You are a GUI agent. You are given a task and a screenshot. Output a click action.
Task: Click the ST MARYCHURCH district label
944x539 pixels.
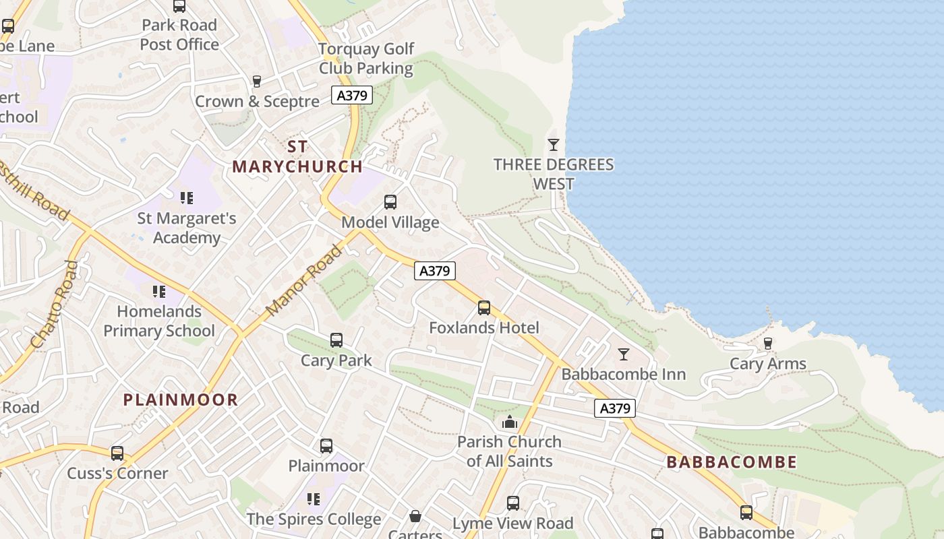coord(297,156)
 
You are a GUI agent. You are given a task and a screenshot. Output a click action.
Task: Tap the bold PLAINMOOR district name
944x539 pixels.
coord(181,400)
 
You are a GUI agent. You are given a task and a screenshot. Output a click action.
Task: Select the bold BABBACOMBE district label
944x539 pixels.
coord(732,462)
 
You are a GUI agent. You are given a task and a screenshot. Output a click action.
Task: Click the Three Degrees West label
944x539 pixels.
coord(554,174)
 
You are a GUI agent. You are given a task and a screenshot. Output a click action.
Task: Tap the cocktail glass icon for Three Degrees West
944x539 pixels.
coord(554,144)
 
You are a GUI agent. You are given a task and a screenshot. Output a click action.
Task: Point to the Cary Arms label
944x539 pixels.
coord(768,364)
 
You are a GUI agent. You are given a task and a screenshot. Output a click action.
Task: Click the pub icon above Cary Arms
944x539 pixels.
coord(767,344)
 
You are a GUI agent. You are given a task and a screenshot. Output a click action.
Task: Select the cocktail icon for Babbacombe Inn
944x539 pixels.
coord(624,354)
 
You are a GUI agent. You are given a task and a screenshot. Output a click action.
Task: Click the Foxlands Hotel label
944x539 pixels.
coord(484,328)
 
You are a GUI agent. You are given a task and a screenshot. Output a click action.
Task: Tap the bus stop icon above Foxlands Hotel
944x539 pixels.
coord(484,308)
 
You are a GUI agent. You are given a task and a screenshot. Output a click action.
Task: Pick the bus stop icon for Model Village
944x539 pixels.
coord(390,201)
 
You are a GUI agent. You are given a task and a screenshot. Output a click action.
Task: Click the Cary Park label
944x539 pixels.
coord(336,360)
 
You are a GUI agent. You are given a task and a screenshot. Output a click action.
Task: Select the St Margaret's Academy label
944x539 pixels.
coord(187,228)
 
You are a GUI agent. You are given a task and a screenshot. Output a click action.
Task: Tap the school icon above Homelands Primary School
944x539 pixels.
coord(159,292)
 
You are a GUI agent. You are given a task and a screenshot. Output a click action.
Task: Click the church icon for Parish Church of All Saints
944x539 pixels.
coord(510,422)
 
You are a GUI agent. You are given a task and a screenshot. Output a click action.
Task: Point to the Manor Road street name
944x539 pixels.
coord(304,281)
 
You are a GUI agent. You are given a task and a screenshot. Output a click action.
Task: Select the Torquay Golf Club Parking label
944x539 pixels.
coord(366,59)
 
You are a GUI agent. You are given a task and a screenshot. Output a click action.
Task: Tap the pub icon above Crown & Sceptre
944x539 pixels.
coord(256,82)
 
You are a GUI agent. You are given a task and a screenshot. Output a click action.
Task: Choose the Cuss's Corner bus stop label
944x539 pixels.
coord(117,473)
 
